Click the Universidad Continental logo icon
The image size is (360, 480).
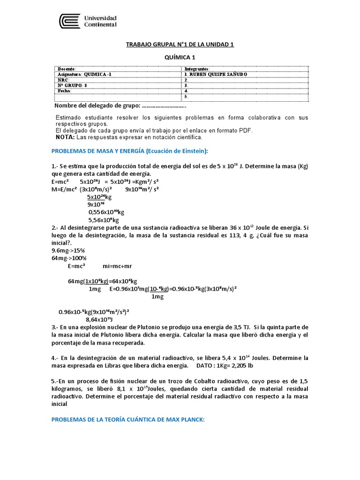coord(69,21)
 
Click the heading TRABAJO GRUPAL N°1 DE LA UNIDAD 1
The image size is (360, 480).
coord(180,45)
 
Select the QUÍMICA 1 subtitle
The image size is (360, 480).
coord(180,57)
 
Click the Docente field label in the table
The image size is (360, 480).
coord(66,69)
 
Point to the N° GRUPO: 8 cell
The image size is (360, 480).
coord(72,85)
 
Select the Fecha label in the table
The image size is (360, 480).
coord(65,91)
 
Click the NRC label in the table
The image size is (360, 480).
coord(63,80)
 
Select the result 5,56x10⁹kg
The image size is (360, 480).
coord(104,219)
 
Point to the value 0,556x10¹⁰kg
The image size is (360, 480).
coord(105,212)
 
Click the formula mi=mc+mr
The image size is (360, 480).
coord(117,266)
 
